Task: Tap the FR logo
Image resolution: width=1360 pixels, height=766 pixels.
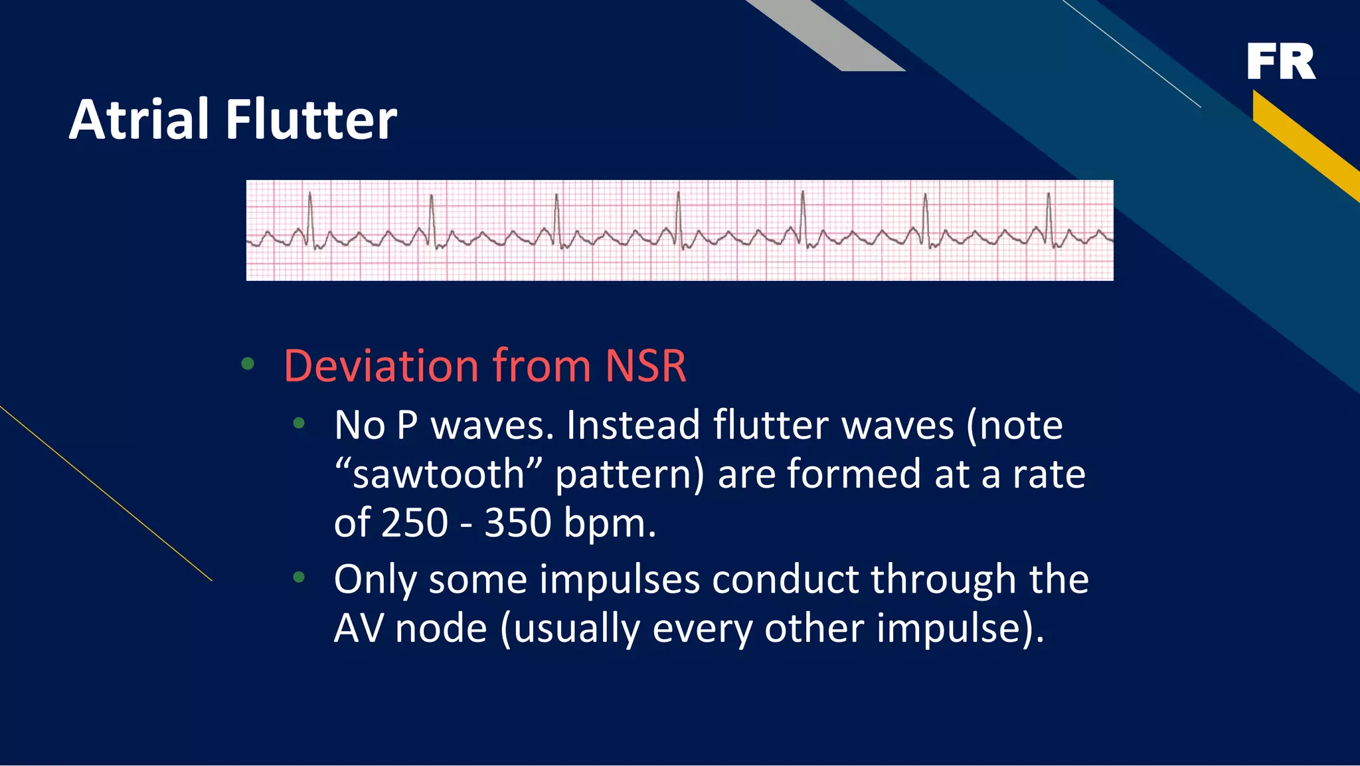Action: (1280, 61)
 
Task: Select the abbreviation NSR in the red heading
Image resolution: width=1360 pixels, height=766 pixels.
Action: (645, 366)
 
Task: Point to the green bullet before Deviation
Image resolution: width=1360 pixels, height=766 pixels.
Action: (248, 363)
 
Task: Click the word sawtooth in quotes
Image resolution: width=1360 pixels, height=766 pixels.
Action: (439, 474)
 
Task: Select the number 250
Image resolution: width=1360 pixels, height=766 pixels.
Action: (415, 523)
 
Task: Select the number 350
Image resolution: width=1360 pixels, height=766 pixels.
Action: (518, 523)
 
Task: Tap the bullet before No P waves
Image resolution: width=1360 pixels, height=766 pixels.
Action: (299, 423)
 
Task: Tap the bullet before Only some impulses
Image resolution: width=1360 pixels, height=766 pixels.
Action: (299, 577)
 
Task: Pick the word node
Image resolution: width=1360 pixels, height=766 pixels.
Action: (441, 628)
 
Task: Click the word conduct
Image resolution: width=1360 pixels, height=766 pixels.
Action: (785, 579)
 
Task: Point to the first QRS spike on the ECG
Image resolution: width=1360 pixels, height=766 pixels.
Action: (310, 216)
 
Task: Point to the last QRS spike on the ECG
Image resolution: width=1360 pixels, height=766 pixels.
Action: (1049, 216)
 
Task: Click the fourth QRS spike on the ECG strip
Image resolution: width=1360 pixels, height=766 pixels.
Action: (678, 216)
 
